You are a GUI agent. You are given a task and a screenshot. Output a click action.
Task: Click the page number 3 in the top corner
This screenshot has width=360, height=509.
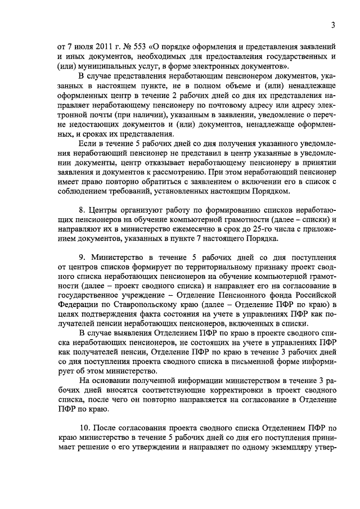pos(333,25)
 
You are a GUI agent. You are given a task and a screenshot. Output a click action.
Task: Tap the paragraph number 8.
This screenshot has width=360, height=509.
pos(82,209)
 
